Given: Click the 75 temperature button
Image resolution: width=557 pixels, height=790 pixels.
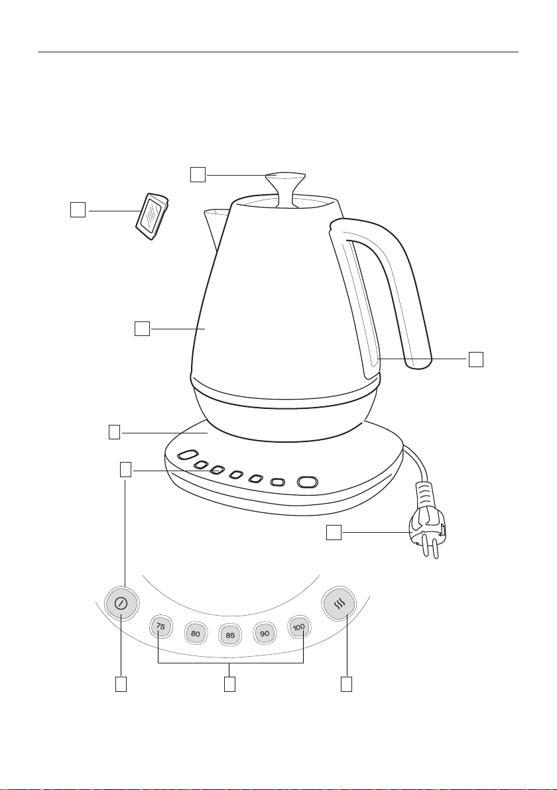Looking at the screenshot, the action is pyautogui.click(x=160, y=627).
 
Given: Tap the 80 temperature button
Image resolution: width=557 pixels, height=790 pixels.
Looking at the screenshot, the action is pyautogui.click(x=196, y=633).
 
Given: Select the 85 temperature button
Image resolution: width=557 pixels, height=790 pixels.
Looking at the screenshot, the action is pyautogui.click(x=230, y=635).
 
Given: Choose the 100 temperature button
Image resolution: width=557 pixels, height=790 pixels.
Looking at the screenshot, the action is pyautogui.click(x=299, y=627).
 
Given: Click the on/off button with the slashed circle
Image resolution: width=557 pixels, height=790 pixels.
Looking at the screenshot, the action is pyautogui.click(x=121, y=603).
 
